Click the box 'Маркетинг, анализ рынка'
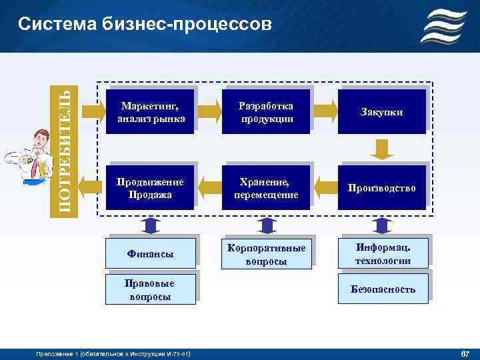click(x=150, y=112)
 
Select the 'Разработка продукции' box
click(x=267, y=112)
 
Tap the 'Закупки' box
click(x=382, y=112)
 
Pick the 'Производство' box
click(x=382, y=188)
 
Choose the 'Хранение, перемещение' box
click(x=267, y=188)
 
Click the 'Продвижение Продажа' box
click(x=150, y=188)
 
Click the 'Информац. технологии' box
click(x=382, y=254)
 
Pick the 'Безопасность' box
click(x=382, y=289)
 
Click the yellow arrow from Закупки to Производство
click(x=383, y=149)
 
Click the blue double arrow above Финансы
click(x=151, y=225)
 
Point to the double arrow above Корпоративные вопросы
click(x=267, y=225)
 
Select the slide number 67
click(x=465, y=353)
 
